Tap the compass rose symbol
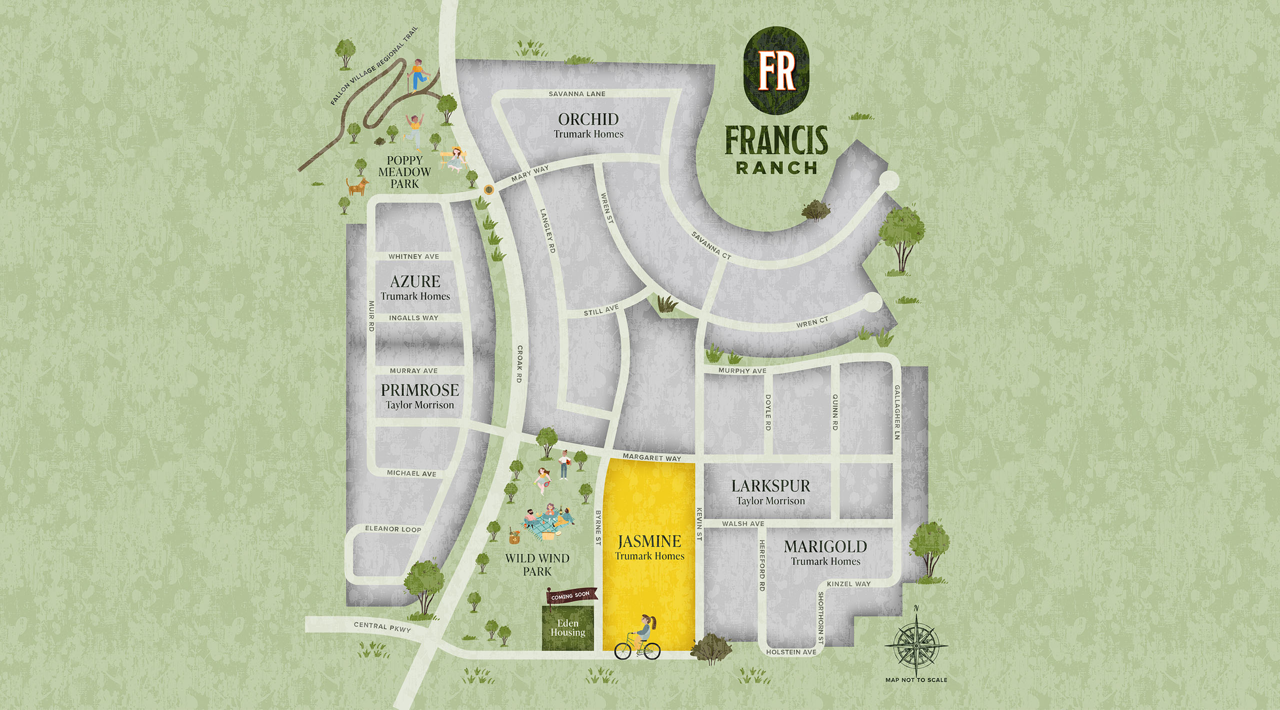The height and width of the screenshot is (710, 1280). (x=916, y=645)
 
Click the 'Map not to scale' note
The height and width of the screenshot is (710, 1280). (x=916, y=680)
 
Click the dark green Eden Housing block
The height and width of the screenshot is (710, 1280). (x=568, y=628)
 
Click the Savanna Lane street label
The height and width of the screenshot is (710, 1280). (x=577, y=94)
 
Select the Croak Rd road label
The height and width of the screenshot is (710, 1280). (x=519, y=364)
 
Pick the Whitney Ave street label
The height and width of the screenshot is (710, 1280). (x=413, y=256)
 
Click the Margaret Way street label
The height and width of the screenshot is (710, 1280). (x=651, y=457)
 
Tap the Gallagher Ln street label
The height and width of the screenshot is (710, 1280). (x=897, y=412)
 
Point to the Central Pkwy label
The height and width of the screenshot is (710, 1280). (x=382, y=627)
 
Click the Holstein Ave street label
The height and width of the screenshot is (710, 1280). (x=791, y=652)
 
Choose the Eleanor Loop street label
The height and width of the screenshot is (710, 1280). (x=393, y=529)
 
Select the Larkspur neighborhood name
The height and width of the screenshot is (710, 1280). (x=770, y=486)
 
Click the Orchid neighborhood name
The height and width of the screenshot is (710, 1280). (x=588, y=119)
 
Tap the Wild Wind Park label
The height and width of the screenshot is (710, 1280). (x=537, y=565)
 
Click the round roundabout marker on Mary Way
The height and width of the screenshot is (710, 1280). (x=488, y=190)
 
